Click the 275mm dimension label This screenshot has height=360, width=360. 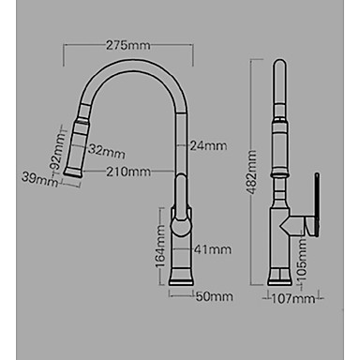128,45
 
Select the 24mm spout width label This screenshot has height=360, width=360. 208,146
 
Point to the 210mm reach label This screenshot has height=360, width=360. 128,172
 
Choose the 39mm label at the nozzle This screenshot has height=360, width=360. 39,179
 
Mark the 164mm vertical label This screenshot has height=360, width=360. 160,247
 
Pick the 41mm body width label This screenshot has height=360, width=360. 213,249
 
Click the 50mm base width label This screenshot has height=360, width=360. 215,296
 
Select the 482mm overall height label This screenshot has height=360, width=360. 251,172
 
